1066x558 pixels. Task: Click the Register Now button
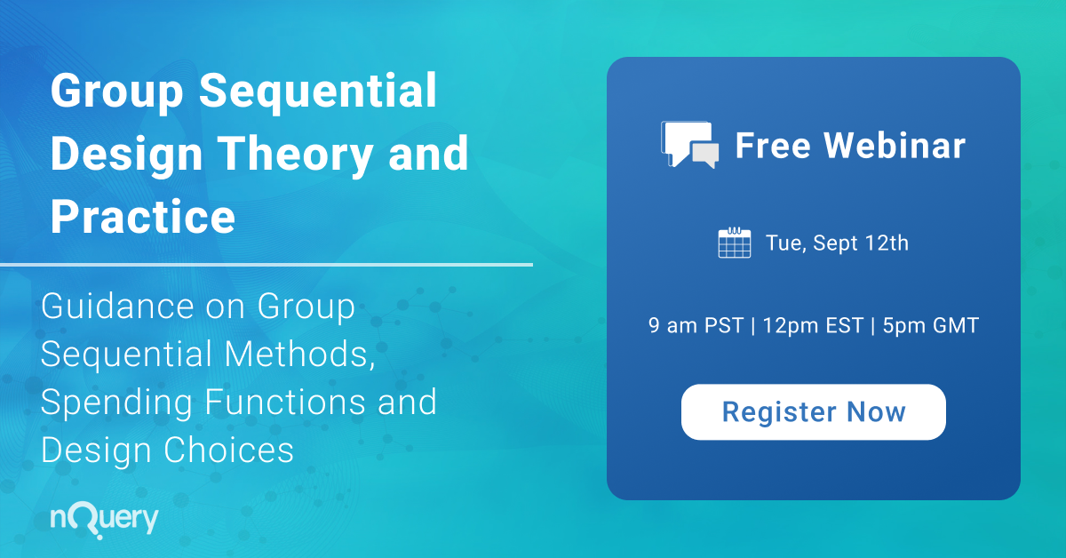tap(813, 412)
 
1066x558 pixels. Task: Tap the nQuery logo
tap(105, 519)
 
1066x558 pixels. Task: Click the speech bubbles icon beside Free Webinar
tap(689, 145)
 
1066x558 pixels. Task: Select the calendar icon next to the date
tap(735, 243)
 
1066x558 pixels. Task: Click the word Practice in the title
tap(142, 215)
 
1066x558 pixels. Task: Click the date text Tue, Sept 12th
tap(837, 243)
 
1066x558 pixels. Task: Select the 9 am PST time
tap(696, 326)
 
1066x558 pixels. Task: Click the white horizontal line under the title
tap(266, 264)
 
